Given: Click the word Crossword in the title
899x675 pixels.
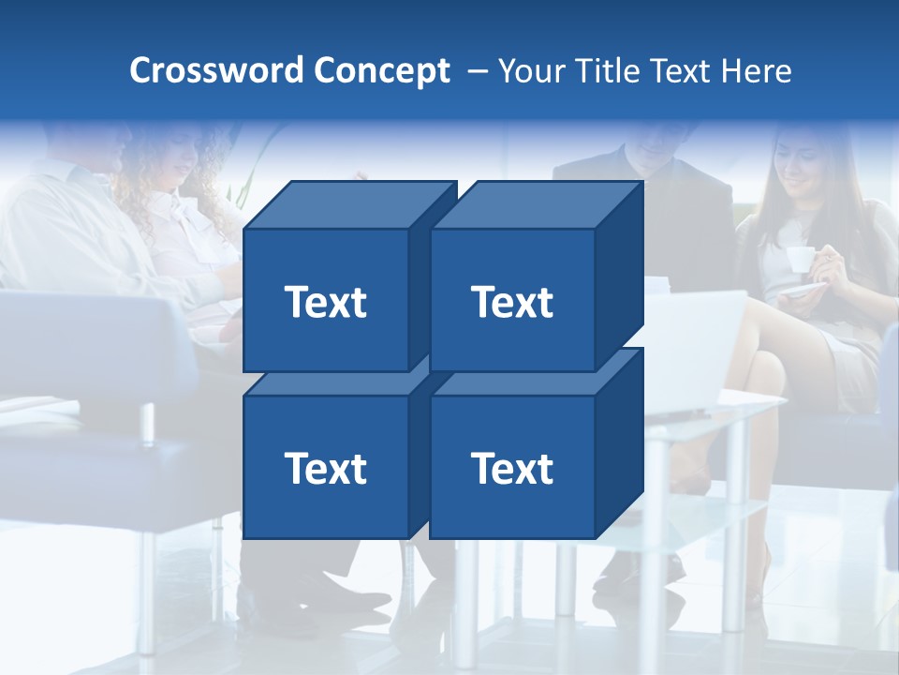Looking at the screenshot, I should [x=217, y=71].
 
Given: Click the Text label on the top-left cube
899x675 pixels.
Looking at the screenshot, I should [x=325, y=302].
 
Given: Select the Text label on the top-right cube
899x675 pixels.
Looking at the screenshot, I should [x=511, y=302].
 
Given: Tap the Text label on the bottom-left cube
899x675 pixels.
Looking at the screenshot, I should [x=325, y=468].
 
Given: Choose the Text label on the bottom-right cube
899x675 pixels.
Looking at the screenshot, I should [x=511, y=468].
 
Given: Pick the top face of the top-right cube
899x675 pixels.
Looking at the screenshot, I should [x=536, y=205].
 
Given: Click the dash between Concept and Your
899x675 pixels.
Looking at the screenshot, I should [x=477, y=71].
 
